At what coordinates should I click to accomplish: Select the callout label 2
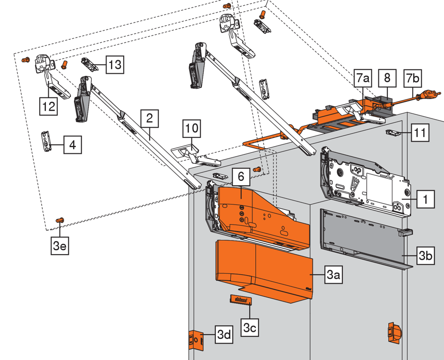pos(149,119)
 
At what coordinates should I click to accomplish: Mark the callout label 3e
pos(60,245)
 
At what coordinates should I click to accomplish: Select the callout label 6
pos(241,177)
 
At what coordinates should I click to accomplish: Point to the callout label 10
pos(192,128)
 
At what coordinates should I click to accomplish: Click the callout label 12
pos(48,106)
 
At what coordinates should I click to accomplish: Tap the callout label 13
pos(114,65)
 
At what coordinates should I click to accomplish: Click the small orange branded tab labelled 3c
pos(240,300)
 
